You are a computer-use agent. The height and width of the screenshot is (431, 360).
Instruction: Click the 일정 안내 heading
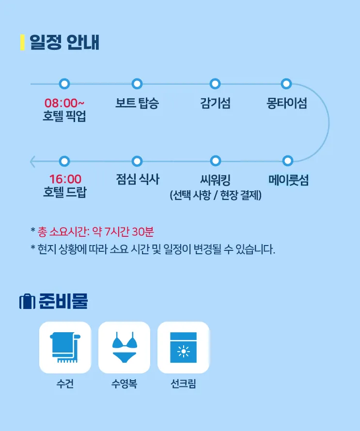point(64,42)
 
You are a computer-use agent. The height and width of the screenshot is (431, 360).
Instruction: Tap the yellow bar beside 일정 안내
point(23,42)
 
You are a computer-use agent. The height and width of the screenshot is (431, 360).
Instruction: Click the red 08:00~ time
point(64,103)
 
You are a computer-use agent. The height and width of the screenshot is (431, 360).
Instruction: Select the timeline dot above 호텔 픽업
point(64,84)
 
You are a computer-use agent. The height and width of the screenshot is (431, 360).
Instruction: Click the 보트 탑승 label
point(137,103)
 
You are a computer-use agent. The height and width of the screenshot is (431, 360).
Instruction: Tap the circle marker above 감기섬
point(215,84)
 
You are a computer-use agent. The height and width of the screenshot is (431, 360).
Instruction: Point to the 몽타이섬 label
point(286,103)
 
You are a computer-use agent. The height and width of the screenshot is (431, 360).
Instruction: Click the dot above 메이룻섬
point(288,160)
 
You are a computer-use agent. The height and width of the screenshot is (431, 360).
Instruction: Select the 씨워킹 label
point(215,180)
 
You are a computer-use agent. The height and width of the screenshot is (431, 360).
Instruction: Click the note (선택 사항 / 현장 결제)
point(216,195)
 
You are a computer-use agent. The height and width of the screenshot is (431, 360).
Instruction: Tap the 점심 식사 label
point(138,179)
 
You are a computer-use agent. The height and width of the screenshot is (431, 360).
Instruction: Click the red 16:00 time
point(65,179)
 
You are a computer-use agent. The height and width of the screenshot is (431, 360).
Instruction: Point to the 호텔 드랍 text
point(65,192)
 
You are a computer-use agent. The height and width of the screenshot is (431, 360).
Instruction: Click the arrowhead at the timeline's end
point(32,161)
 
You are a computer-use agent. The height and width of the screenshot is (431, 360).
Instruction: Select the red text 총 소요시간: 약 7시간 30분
point(95,231)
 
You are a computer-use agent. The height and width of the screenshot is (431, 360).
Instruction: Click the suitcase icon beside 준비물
point(27,302)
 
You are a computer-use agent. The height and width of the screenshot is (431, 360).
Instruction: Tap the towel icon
point(65,347)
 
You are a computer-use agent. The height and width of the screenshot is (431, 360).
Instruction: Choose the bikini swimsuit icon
point(125,347)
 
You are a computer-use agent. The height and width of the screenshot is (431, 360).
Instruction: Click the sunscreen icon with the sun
point(184,347)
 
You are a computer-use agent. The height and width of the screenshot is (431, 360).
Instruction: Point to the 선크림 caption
point(183,384)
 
